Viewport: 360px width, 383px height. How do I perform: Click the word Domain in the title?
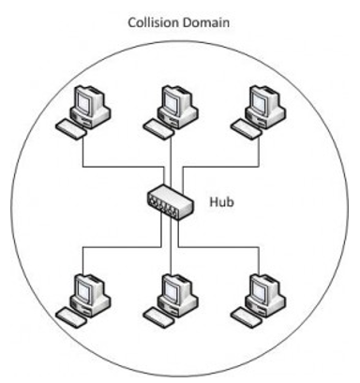point(206,22)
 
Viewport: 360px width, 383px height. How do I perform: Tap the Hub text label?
point(221,202)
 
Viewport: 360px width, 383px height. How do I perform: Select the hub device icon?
point(171,202)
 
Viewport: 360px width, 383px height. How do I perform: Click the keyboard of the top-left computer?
point(71,129)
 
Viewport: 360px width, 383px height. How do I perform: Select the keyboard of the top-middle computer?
point(158,129)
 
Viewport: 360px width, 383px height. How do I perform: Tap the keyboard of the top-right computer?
point(247,129)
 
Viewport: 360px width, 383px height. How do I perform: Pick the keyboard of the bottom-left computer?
point(71,317)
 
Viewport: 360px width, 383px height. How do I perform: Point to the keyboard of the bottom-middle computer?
point(158,317)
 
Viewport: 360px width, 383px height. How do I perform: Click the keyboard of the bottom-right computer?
point(247,317)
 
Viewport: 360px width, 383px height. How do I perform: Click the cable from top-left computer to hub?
point(122,167)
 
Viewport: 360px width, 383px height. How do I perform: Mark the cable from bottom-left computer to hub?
point(122,247)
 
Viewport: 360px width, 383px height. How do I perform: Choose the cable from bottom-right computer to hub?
point(218,247)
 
